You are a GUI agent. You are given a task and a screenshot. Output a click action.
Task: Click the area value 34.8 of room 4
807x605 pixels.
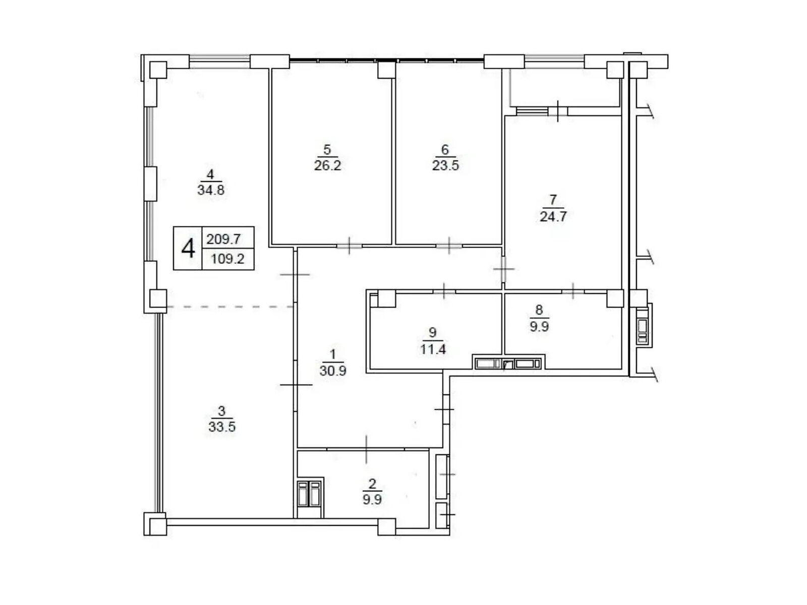pyautogui.click(x=211, y=190)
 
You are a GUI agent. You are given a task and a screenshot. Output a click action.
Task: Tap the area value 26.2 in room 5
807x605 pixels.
pyautogui.click(x=327, y=166)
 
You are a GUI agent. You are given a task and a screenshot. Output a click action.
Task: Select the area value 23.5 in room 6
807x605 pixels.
pyautogui.click(x=445, y=166)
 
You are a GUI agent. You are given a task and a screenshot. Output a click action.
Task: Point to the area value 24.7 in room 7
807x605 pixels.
pyautogui.click(x=553, y=216)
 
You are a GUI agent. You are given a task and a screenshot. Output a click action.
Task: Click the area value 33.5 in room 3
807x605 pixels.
pyautogui.click(x=222, y=427)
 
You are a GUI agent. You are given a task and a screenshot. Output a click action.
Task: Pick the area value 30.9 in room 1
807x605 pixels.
pyautogui.click(x=333, y=371)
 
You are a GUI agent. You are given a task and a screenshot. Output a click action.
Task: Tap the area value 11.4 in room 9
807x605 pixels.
pyautogui.click(x=433, y=349)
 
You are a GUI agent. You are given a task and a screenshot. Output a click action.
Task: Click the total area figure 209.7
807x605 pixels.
pyautogui.click(x=223, y=239)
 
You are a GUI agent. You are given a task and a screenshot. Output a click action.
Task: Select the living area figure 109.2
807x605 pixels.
pyautogui.click(x=227, y=259)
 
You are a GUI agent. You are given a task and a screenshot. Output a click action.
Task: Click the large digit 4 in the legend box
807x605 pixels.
pyautogui.click(x=188, y=249)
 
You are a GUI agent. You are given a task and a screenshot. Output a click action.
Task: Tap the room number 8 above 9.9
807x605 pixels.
pyautogui.click(x=539, y=310)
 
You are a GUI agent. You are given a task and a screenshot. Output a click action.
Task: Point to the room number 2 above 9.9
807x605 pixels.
pyautogui.click(x=372, y=484)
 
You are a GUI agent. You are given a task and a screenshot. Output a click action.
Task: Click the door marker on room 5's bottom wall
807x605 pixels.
pyautogui.click(x=349, y=246)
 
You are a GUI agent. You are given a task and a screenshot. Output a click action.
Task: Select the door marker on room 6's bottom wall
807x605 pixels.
pyautogui.click(x=449, y=246)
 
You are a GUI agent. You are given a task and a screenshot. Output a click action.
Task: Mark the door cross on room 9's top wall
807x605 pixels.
pyautogui.click(x=444, y=291)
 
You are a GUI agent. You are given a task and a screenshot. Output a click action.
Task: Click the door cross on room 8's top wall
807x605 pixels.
pyautogui.click(x=573, y=291)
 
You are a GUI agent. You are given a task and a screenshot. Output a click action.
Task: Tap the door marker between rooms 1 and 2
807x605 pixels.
pyautogui.click(x=366, y=449)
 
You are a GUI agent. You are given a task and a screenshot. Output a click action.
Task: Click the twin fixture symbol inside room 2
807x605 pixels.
pyautogui.click(x=309, y=494)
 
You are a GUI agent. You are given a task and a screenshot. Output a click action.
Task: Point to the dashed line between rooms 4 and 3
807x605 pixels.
pyautogui.click(x=230, y=307)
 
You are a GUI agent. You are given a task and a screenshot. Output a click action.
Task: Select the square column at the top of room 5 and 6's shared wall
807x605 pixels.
pyautogui.click(x=386, y=70)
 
